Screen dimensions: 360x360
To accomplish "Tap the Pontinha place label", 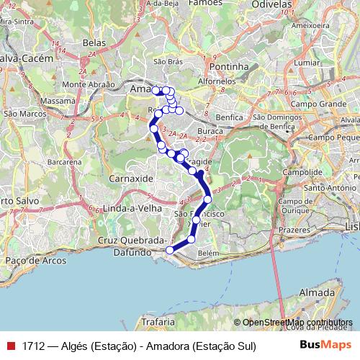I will point(228,66).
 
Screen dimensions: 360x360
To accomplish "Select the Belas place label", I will point(94,44).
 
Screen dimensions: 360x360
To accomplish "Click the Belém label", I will point(207,253).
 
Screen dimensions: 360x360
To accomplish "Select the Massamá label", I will point(59,102).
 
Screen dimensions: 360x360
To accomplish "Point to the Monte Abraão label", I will point(89,84).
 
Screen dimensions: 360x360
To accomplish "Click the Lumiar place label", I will point(306,63).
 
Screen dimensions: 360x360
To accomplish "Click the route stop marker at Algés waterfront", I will point(170,250).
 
